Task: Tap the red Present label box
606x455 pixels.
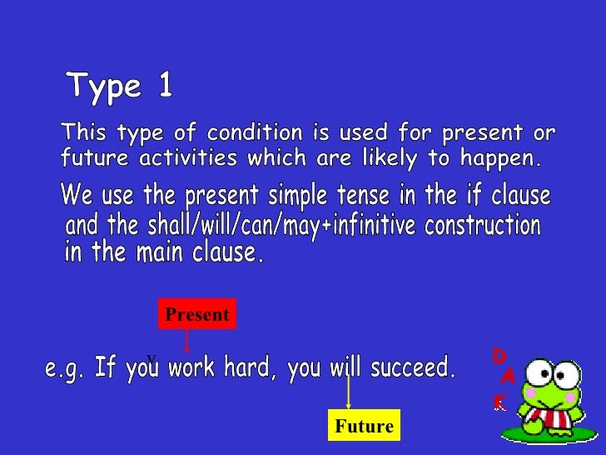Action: click(x=196, y=314)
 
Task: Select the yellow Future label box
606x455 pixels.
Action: click(x=364, y=426)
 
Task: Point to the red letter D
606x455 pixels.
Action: click(x=499, y=357)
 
